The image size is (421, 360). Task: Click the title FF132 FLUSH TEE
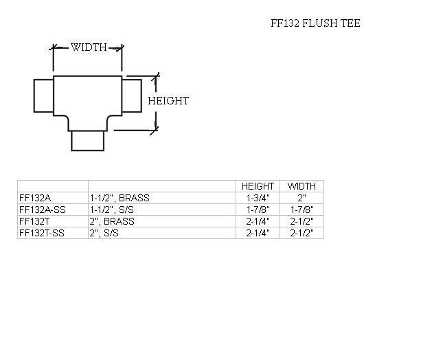pos(315,23)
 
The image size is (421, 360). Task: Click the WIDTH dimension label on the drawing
pos(89,47)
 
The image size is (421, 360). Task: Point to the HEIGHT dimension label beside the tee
pos(168,101)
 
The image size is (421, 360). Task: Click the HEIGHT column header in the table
pos(258,186)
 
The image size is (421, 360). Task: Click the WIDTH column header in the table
pos(301,186)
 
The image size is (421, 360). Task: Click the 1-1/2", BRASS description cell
pos(120,198)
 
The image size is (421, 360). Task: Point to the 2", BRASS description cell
pos(112,221)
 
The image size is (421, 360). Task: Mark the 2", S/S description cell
pos(106,233)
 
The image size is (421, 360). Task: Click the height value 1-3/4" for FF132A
pos(258,198)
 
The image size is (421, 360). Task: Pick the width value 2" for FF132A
pos(301,198)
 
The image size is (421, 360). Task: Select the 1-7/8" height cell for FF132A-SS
pos(258,210)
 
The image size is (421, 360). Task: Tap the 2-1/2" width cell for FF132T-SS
pos(301,233)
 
